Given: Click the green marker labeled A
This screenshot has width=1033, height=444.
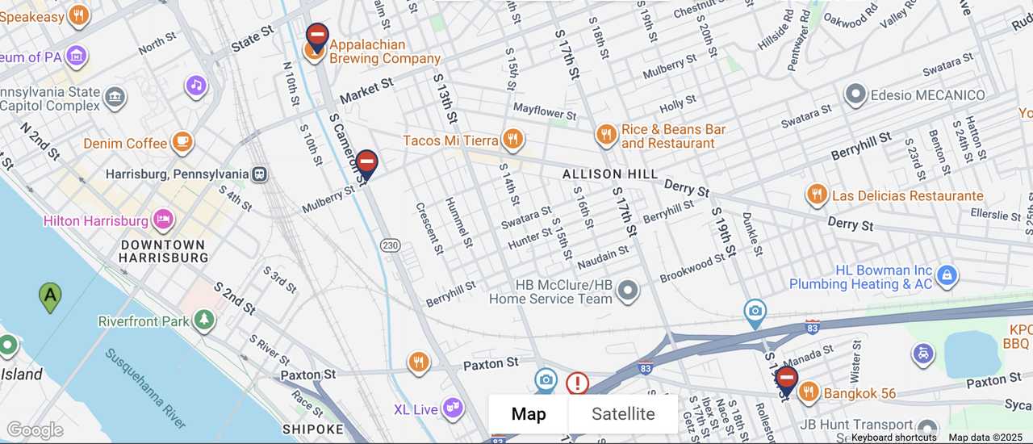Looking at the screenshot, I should (50, 296).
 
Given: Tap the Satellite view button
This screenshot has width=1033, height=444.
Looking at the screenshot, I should (623, 414).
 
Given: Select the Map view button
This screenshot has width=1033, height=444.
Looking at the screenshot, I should (529, 414).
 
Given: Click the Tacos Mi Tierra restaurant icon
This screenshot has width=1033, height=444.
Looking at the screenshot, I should (512, 140).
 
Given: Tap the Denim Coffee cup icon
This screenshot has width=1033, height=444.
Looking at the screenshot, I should (183, 143).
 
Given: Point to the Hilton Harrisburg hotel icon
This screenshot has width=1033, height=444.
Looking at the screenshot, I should (163, 220).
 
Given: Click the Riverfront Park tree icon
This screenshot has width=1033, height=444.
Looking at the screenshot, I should (204, 320).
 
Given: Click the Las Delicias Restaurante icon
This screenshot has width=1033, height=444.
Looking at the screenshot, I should (817, 195).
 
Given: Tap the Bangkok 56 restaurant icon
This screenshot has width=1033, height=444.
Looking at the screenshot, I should (809, 392).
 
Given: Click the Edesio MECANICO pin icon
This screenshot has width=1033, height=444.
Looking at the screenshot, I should (855, 94).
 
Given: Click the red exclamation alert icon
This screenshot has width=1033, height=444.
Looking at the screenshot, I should (577, 383).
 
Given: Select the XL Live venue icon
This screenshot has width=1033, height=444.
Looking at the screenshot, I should (453, 408).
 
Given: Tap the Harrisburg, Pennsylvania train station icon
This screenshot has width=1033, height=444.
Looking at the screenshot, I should (260, 174).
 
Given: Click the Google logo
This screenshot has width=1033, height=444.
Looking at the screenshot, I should (34, 430).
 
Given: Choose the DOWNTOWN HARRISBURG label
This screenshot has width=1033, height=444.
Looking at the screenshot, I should (163, 251).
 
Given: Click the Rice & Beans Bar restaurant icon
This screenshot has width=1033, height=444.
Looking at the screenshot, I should (606, 135).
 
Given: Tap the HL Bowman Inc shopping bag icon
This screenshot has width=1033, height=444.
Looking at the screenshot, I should (947, 276).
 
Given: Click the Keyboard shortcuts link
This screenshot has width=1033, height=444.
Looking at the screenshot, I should (893, 438).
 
